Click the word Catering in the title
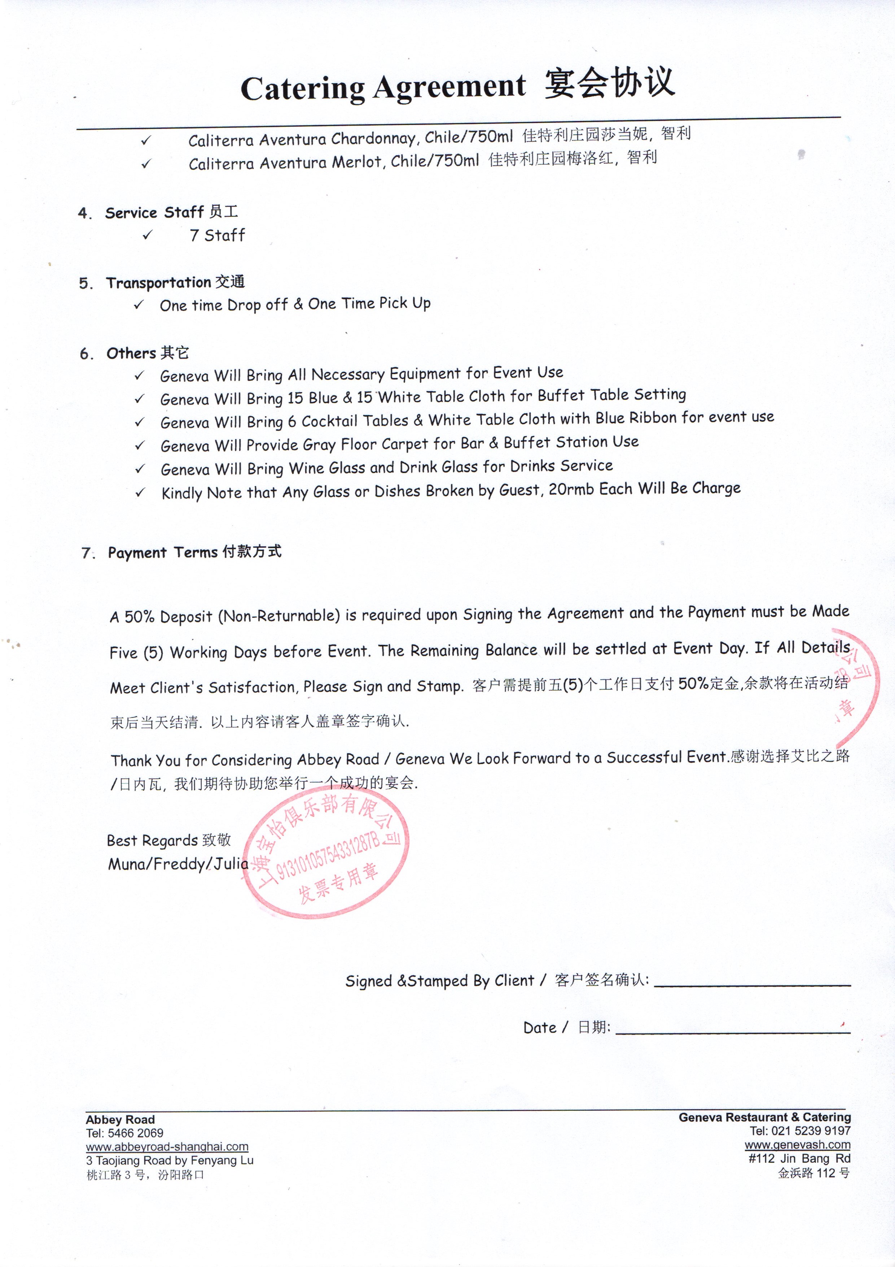(x=302, y=88)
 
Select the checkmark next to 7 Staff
(x=147, y=235)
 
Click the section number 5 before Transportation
(x=85, y=284)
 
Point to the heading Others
(x=131, y=353)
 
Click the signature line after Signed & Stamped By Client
(x=752, y=985)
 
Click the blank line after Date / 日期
(x=732, y=1032)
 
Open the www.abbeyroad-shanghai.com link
(x=167, y=1147)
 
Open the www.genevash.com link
(x=797, y=1145)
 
